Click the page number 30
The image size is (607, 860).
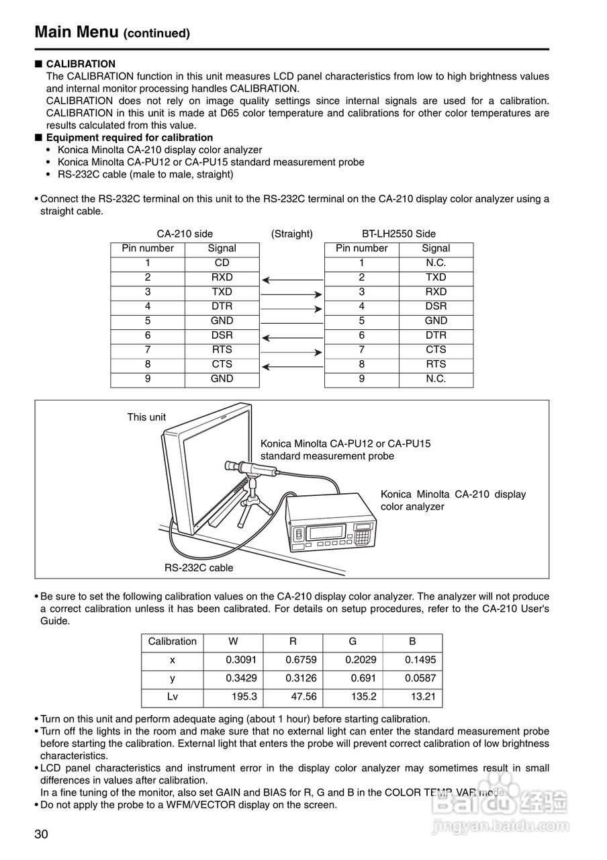(41, 834)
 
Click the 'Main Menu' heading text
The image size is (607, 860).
(76, 32)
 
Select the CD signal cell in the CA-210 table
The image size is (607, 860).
(222, 263)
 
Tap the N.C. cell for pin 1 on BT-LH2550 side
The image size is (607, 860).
(435, 263)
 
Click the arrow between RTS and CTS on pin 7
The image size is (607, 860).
(291, 351)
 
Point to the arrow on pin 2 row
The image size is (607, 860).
(292, 278)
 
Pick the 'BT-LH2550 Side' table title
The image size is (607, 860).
(398, 234)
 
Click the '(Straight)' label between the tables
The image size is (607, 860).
(291, 234)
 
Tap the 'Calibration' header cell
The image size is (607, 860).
(172, 641)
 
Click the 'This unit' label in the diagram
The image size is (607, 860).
(146, 417)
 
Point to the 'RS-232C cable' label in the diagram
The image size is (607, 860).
(199, 568)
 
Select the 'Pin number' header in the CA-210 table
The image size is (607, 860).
(148, 249)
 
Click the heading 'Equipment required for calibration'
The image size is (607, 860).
(129, 138)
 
